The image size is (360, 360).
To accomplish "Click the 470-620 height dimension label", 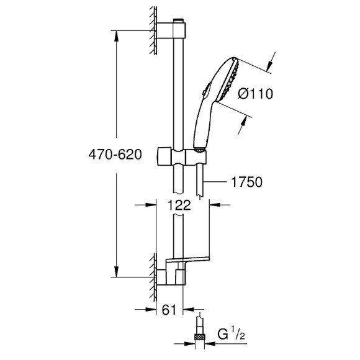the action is (x=115, y=155).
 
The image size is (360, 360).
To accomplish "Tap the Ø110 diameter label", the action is (x=256, y=94).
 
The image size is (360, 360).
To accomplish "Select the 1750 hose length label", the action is (x=246, y=182).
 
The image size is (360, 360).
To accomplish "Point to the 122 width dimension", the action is (x=179, y=205).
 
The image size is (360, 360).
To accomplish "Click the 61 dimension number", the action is (x=169, y=310).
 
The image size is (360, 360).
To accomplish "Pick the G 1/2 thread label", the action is (x=231, y=335).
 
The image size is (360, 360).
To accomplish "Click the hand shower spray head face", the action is (x=230, y=80).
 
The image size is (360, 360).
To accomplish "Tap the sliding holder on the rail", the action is (x=182, y=156).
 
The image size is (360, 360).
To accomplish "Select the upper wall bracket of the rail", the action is (x=171, y=30).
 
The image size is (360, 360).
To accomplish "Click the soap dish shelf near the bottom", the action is (x=188, y=260).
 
